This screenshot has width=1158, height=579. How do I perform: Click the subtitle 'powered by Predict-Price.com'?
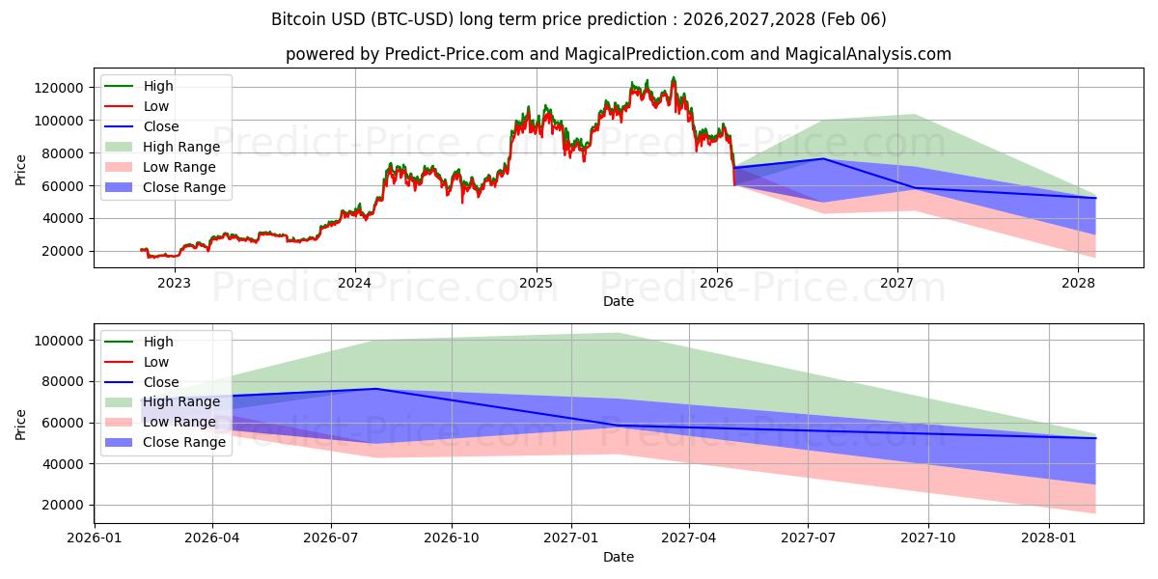click(619, 55)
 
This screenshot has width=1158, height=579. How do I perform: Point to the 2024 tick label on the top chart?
click(355, 283)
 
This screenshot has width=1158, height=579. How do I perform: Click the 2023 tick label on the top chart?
click(174, 283)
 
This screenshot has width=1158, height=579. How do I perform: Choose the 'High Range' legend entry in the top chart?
click(180, 147)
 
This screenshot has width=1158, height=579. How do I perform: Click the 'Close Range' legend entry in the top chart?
click(183, 187)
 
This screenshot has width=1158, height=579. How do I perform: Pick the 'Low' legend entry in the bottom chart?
click(155, 362)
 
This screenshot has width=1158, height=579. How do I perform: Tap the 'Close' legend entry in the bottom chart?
click(160, 382)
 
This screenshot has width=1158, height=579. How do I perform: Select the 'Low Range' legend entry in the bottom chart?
click(179, 423)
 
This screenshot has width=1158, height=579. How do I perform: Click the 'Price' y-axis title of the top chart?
click(21, 171)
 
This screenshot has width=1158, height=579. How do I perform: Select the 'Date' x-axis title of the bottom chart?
click(619, 557)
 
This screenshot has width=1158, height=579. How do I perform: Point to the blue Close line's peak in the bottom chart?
click(375, 389)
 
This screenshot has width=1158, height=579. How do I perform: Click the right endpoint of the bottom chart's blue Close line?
click(1095, 438)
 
